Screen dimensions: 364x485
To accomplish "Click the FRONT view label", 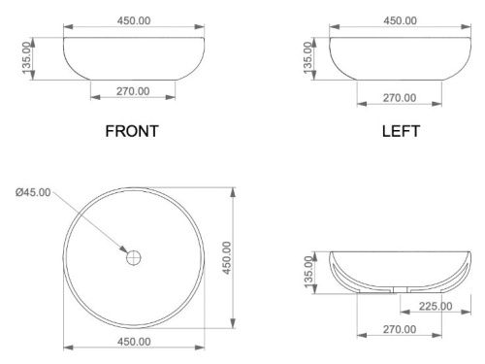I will pyautogui.click(x=133, y=131).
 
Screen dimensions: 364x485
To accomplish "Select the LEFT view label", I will pyautogui.click(x=401, y=131).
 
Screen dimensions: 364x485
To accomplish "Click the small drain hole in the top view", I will pyautogui.click(x=134, y=258).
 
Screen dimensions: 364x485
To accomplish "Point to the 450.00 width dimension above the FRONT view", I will pyautogui.click(x=133, y=20).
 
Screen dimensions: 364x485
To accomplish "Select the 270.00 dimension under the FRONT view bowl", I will pyautogui.click(x=133, y=91).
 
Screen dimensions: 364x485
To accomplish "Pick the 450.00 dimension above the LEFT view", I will pyautogui.click(x=400, y=20).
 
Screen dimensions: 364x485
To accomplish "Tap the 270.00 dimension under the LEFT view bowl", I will pyautogui.click(x=400, y=97).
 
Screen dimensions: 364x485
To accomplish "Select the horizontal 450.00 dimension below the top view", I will pyautogui.click(x=133, y=341).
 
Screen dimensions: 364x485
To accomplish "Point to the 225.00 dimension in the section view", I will pyautogui.click(x=434, y=307).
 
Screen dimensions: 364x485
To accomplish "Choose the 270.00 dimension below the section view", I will pyautogui.click(x=400, y=330).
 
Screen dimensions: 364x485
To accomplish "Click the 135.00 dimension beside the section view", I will pyautogui.click(x=309, y=272).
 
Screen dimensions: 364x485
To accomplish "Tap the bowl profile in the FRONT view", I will pyautogui.click(x=133, y=60).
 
